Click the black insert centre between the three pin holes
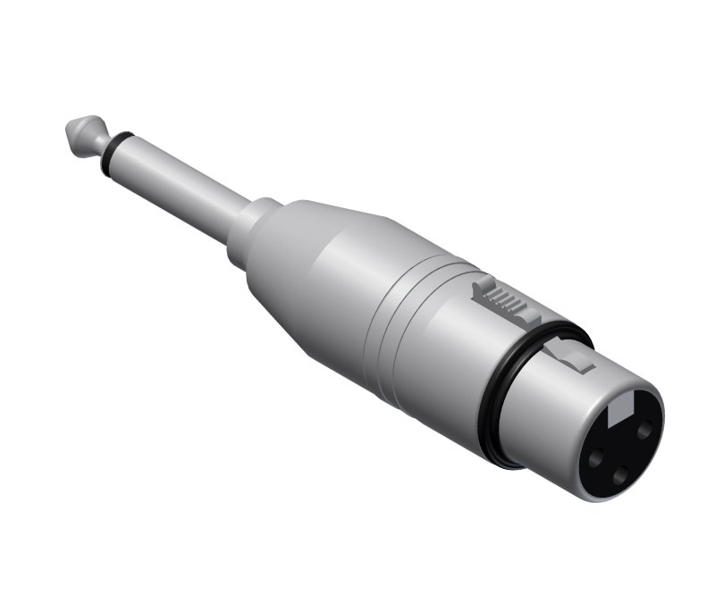pyautogui.click(x=620, y=451)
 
